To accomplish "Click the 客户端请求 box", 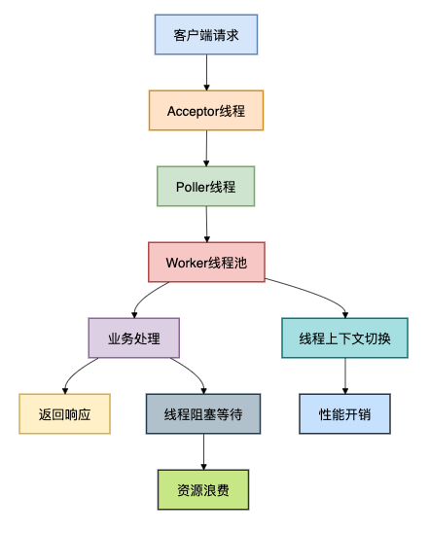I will point(206,35).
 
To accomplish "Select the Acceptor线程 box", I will point(206,110).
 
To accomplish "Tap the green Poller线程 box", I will point(206,186).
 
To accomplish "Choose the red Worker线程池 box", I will point(206,262).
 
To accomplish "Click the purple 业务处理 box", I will point(133,338).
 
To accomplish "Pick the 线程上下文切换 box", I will point(345,338).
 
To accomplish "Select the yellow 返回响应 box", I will point(65,413).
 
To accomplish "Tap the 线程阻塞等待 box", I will point(203,413).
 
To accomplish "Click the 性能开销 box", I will point(345,413).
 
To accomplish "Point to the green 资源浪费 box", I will point(203,489).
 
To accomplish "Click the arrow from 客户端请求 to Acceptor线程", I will point(206,72).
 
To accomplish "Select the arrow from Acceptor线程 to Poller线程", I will point(206,148).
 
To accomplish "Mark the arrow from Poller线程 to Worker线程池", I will point(206,224).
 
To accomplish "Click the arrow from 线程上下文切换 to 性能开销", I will point(345,375).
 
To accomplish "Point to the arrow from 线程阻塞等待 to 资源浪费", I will point(203,451).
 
